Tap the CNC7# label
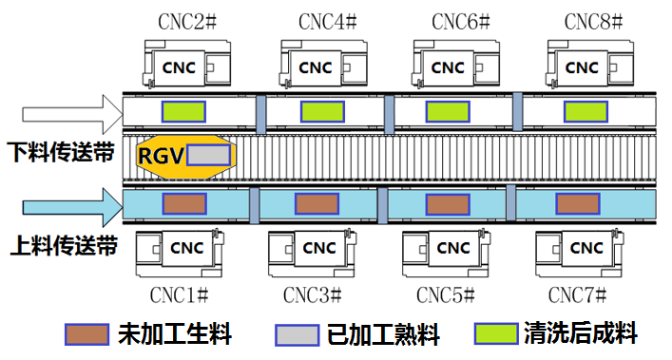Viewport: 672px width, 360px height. click(582, 294)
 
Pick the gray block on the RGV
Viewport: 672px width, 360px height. click(208, 155)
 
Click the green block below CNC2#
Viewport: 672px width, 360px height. click(183, 111)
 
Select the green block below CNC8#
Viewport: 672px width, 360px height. click(586, 111)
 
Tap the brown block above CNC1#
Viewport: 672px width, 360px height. click(184, 203)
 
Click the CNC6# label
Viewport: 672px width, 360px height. click(457, 21)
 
